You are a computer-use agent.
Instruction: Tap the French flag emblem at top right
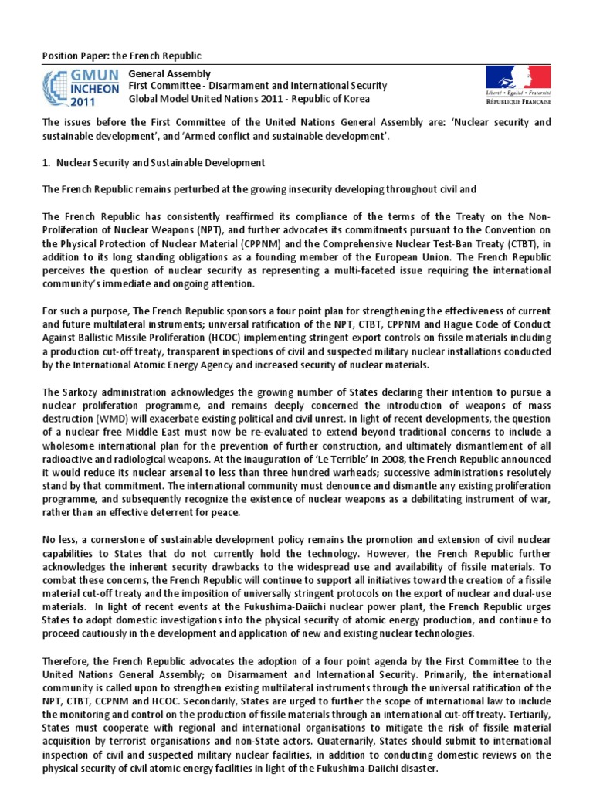[518, 78]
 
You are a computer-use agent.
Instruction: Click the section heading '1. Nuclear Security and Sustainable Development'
[154, 163]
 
